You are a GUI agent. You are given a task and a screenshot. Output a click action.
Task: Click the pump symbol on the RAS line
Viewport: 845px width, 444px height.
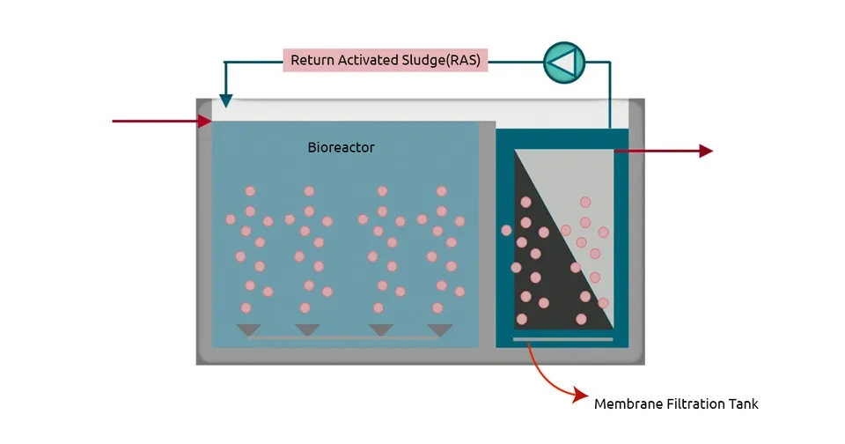(x=563, y=62)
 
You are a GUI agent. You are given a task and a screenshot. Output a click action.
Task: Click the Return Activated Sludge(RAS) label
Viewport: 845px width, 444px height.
(x=386, y=61)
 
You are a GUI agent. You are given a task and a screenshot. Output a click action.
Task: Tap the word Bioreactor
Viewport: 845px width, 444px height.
(x=341, y=147)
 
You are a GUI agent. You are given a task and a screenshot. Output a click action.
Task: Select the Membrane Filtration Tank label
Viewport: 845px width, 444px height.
(x=676, y=404)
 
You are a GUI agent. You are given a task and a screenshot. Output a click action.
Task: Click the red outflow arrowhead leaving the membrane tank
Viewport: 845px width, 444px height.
(x=706, y=151)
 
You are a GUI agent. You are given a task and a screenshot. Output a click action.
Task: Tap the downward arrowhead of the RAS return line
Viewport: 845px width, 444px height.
(x=225, y=101)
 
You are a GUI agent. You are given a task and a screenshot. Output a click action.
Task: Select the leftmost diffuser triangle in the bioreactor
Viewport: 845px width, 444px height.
(x=249, y=330)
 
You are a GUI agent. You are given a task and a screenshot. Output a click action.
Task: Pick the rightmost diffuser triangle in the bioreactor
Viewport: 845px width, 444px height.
(x=439, y=330)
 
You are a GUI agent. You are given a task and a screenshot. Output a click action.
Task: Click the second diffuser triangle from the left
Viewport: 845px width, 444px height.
(x=307, y=330)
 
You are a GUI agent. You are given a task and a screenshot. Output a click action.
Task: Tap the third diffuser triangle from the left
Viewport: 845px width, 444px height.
(x=380, y=330)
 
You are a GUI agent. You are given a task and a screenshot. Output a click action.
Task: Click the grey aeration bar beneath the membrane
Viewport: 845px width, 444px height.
(x=562, y=339)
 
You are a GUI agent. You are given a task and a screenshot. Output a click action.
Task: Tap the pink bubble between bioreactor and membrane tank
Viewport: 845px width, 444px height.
(x=506, y=231)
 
